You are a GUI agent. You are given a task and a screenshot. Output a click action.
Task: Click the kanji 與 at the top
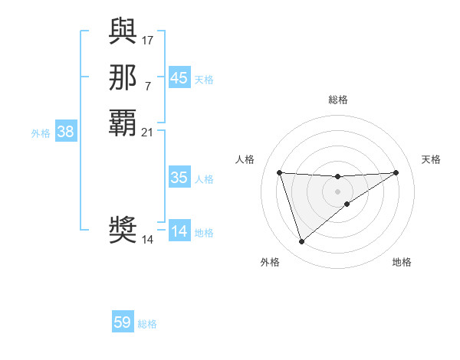[x=123, y=31]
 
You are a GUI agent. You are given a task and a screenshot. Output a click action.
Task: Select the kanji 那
[x=123, y=76]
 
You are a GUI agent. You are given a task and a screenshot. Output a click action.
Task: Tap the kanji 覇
[x=123, y=123]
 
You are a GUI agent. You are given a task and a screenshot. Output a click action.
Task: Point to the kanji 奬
[x=123, y=230]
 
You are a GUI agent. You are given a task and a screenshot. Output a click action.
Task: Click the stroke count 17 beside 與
[x=148, y=39]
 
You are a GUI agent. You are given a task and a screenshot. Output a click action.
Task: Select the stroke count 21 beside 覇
[x=148, y=132]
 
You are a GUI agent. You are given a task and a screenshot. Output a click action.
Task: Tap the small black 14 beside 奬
[x=148, y=240]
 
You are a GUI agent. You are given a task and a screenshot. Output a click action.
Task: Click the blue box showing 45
[x=179, y=78]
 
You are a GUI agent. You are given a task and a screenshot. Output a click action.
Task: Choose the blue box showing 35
[x=179, y=178]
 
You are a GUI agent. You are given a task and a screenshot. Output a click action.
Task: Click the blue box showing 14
[x=179, y=231]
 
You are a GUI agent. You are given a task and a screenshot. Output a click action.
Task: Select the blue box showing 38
[x=65, y=132]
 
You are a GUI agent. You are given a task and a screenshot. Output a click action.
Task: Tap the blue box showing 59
[x=123, y=322]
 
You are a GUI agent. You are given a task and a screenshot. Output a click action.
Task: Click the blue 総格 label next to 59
[x=147, y=324]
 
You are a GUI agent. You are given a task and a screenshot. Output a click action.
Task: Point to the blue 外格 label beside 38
[x=41, y=133]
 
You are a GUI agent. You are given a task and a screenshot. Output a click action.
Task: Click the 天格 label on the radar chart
[x=431, y=159]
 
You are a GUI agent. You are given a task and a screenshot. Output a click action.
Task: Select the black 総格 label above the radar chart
[x=338, y=100]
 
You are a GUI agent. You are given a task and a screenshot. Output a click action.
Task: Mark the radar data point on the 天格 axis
[x=396, y=172]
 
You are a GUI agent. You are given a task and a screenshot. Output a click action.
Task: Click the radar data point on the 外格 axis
[x=301, y=242]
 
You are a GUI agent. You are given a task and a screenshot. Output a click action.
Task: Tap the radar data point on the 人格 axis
[x=279, y=172]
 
